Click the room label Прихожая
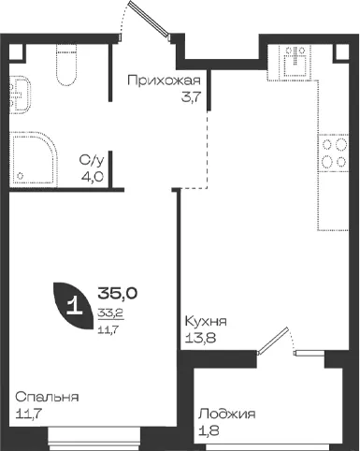coord(164,80)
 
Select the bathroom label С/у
coord(92,161)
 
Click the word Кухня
coord(206,321)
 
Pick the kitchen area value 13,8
coord(200,338)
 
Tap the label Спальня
coord(47,398)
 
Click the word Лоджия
coord(227,415)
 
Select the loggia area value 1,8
coord(209,431)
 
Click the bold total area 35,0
coord(118,294)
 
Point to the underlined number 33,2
coord(111,313)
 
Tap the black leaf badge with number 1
coord(74,305)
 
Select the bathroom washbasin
coord(21,95)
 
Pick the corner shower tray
coord(34,159)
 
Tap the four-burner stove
coord(333,153)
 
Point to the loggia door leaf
coord(273,341)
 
